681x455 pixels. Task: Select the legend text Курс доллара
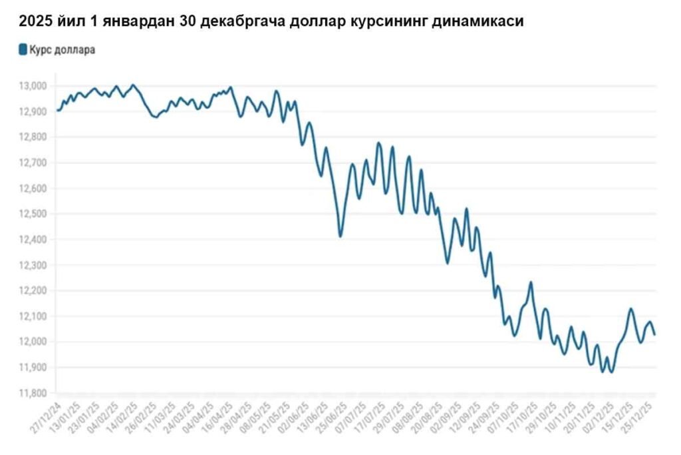click(62, 50)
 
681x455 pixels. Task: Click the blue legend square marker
click(23, 50)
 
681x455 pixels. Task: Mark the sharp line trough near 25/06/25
click(340, 236)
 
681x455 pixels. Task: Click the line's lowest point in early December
click(611, 371)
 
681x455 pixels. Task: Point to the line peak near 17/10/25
click(531, 282)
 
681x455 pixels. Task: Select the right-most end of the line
click(655, 334)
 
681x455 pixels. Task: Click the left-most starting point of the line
click(57, 110)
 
